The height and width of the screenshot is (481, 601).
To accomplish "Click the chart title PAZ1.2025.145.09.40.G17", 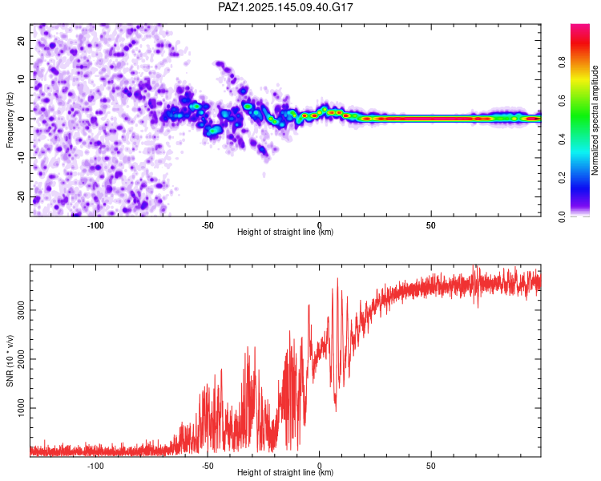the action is pyautogui.click(x=285, y=7).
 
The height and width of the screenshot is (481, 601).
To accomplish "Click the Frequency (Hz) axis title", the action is pyautogui.click(x=10, y=120).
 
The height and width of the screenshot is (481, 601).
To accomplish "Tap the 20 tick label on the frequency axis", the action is pyautogui.click(x=21, y=41).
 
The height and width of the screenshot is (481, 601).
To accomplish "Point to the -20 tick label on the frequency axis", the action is pyautogui.click(x=21, y=197).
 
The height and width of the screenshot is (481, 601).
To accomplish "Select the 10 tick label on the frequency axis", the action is pyautogui.click(x=21, y=80).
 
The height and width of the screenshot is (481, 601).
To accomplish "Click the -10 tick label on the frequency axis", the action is pyautogui.click(x=21, y=158).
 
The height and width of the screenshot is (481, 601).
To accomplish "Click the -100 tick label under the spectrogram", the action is pyautogui.click(x=95, y=225).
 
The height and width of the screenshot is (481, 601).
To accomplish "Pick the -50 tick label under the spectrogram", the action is pyautogui.click(x=208, y=225).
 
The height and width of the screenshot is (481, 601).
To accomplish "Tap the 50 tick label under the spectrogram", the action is pyautogui.click(x=431, y=225).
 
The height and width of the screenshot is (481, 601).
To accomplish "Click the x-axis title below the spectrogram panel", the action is pyautogui.click(x=285, y=232).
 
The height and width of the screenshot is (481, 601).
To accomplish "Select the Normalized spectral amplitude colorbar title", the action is pyautogui.click(x=595, y=120).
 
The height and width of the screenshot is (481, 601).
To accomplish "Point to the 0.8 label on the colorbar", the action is pyautogui.click(x=562, y=63).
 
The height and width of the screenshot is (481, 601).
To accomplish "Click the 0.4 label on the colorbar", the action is pyautogui.click(x=562, y=139).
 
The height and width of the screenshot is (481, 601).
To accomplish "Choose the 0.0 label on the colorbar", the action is pyautogui.click(x=562, y=216).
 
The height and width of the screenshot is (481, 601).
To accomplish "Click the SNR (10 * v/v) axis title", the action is pyautogui.click(x=10, y=361).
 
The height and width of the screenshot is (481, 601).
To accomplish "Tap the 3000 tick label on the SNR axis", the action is pyautogui.click(x=21, y=310).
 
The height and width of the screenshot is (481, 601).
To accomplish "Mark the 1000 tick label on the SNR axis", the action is pyautogui.click(x=21, y=408).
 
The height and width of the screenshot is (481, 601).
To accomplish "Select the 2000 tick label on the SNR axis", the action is pyautogui.click(x=21, y=358).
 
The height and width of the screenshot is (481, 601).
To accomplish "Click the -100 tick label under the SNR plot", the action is pyautogui.click(x=95, y=466).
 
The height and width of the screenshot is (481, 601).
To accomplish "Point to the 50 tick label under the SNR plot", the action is pyautogui.click(x=431, y=466).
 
